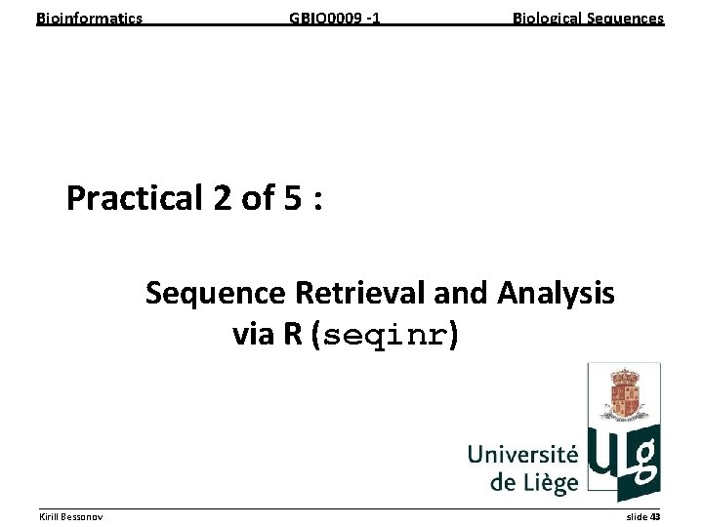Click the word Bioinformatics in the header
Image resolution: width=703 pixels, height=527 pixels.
pos(89,18)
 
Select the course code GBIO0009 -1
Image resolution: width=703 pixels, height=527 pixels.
pos(335,18)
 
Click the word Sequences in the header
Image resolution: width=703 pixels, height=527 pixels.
pos(625,18)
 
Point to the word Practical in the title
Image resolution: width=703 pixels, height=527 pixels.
pos(134,199)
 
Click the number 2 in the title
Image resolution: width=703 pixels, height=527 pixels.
pos(220,199)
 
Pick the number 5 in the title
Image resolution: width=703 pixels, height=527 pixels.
pos(292,199)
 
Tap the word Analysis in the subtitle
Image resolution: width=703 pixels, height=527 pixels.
pos(556,293)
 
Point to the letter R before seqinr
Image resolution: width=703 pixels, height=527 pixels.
pos(292,336)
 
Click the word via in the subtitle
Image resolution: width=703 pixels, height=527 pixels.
pos(255,336)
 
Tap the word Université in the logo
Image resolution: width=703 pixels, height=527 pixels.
pos(522,455)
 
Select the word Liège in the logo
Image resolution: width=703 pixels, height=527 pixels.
pos(549,481)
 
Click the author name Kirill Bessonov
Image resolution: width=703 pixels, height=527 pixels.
pos(71,515)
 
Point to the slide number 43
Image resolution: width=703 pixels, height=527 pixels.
pos(655,515)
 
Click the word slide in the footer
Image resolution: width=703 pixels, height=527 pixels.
pos(636,515)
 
